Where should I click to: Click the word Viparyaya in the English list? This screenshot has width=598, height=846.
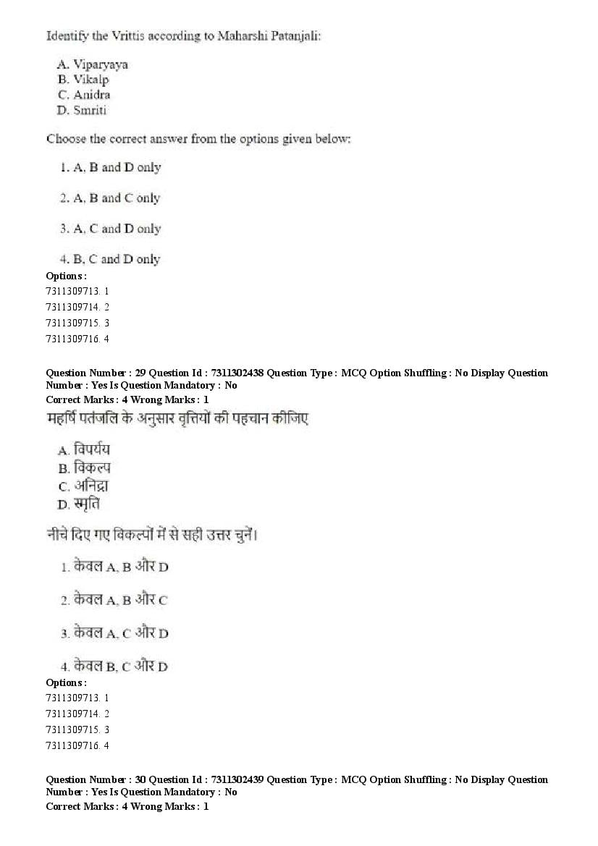click(101, 64)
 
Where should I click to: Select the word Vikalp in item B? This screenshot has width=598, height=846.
click(91, 80)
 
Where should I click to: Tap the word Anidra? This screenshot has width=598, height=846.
click(92, 95)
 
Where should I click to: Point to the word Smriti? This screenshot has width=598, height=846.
click(90, 110)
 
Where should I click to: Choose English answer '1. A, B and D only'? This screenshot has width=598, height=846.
click(110, 167)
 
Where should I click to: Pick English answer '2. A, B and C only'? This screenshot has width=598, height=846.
click(110, 198)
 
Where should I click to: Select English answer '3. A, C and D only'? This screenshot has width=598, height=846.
click(110, 229)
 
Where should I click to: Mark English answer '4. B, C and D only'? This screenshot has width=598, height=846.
click(110, 259)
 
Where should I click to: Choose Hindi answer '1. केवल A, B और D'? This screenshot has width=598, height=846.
click(114, 567)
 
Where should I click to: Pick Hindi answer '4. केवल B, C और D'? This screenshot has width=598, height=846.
click(114, 666)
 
